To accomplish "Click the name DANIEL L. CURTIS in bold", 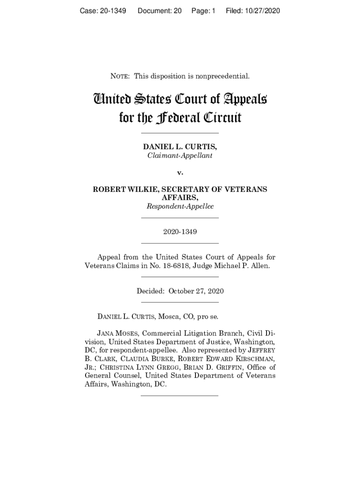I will click(180, 147).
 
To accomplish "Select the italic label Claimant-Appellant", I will click(180, 156).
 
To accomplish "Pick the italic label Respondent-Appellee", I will click(180, 206).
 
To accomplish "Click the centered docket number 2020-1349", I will click(180, 232).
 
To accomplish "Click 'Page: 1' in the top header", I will click(203, 10).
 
